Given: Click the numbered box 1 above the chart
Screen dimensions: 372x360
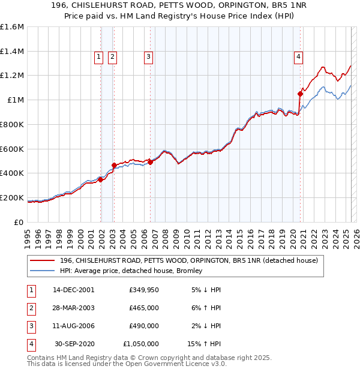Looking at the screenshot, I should click(x=98, y=57).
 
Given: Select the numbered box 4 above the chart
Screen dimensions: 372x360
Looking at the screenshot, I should click(x=298, y=57).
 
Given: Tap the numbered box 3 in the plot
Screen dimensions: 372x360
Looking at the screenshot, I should click(x=148, y=57).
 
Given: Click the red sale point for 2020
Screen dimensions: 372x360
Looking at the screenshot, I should click(x=301, y=94).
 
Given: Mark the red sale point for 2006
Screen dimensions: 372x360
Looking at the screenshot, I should click(x=150, y=162).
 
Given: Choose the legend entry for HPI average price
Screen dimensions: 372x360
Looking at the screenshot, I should click(x=131, y=271).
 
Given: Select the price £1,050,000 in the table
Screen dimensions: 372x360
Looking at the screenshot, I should click(x=140, y=344).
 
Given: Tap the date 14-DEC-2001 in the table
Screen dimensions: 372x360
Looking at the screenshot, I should click(x=74, y=290).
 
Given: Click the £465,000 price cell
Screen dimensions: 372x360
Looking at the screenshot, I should click(x=143, y=308).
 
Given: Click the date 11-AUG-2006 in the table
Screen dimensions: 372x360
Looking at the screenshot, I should click(x=74, y=326).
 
